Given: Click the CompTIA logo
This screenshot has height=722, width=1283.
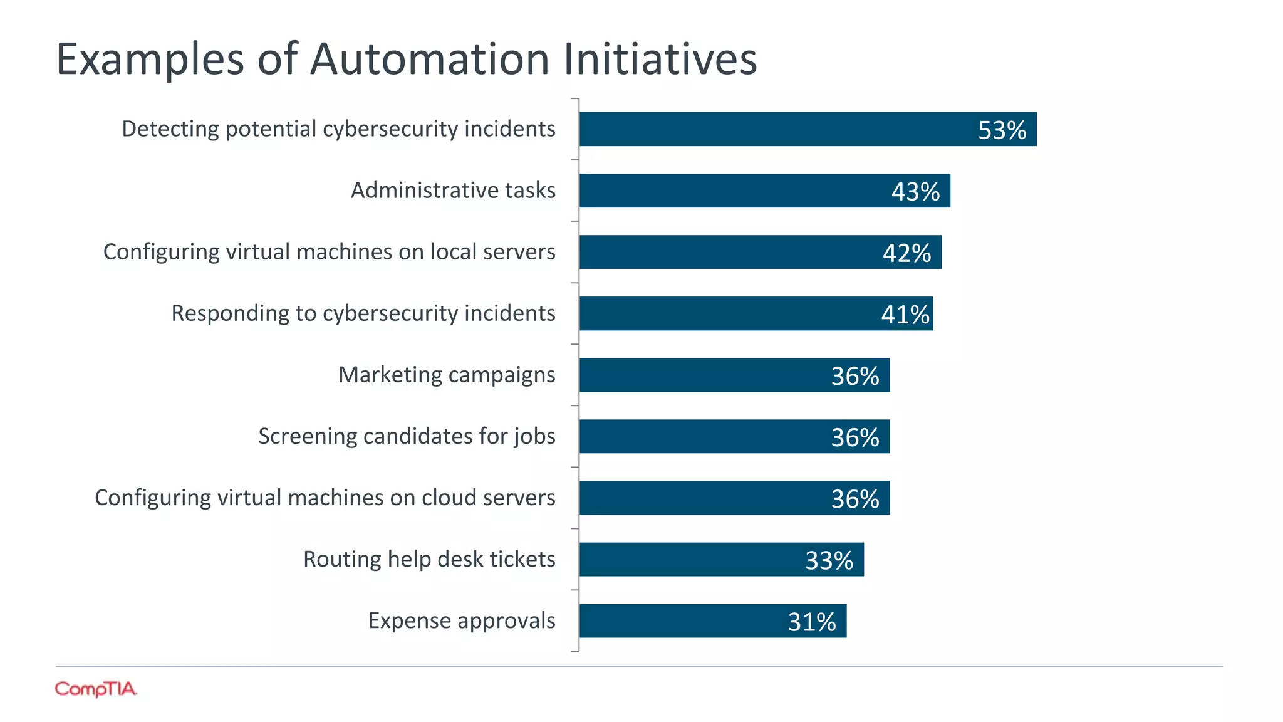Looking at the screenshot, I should pyautogui.click(x=96, y=689).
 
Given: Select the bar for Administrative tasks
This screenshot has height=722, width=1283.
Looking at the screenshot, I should pyautogui.click(x=733, y=191).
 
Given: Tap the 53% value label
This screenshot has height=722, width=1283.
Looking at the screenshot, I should pyautogui.click(x=1002, y=130).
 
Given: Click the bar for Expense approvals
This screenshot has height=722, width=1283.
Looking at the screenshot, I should pyautogui.click(x=683, y=621).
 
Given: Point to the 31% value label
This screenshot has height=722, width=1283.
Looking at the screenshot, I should pyautogui.click(x=812, y=622).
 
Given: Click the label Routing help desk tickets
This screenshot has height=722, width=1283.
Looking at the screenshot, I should pyautogui.click(x=429, y=559).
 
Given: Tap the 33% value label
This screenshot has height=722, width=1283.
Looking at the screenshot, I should pyautogui.click(x=829, y=561).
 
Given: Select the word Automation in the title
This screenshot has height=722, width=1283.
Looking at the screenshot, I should pyautogui.click(x=430, y=59).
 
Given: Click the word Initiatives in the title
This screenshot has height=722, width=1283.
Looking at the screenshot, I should pyautogui.click(x=660, y=59).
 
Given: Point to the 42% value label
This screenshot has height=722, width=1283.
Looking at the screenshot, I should pyautogui.click(x=906, y=253).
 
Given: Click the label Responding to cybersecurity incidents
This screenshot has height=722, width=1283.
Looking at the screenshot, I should pyautogui.click(x=363, y=313).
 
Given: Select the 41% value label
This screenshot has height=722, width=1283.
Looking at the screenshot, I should pyautogui.click(x=905, y=315).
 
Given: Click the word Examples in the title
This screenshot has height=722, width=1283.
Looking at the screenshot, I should pyautogui.click(x=150, y=59).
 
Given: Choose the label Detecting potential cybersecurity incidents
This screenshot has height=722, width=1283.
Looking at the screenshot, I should pyautogui.click(x=338, y=129).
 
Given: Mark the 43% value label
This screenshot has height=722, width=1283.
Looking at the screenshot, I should pyautogui.click(x=915, y=192).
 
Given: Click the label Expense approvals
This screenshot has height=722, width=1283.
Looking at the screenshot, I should pyautogui.click(x=462, y=620).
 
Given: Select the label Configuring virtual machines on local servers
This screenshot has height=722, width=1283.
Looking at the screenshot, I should pyautogui.click(x=330, y=252).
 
